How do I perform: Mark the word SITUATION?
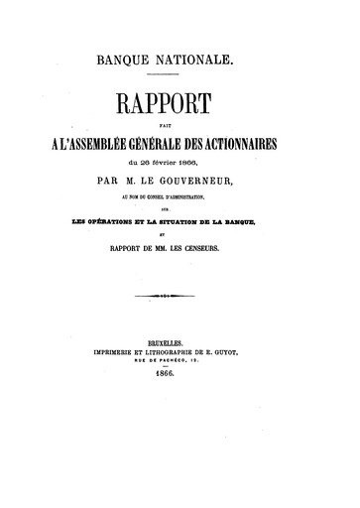tap(194, 223)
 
